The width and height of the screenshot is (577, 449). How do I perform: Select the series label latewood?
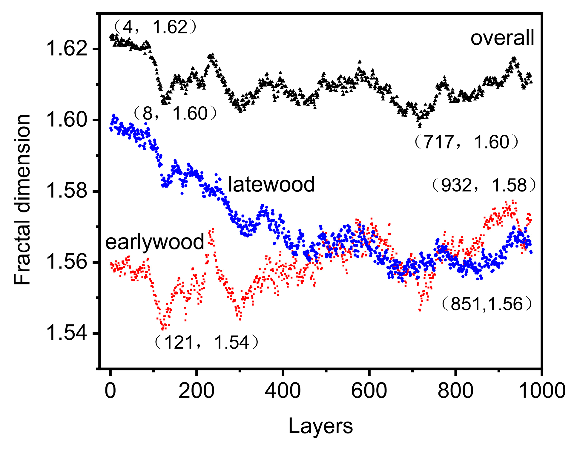(271, 184)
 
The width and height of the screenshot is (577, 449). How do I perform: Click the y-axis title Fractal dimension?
(22, 200)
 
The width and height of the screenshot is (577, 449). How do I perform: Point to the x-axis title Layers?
(320, 426)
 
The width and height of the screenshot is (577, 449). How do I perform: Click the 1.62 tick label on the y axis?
(67, 49)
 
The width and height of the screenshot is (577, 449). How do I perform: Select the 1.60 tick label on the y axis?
(67, 120)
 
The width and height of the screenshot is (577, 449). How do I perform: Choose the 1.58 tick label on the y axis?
(67, 191)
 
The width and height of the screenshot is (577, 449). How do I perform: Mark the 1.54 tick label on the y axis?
(67, 333)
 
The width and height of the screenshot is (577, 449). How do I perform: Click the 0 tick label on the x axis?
(110, 390)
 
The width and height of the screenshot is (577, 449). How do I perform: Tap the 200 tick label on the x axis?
(197, 390)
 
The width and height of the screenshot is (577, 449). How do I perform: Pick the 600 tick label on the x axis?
(369, 390)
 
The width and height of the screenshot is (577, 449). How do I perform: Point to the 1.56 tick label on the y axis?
(67, 262)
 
